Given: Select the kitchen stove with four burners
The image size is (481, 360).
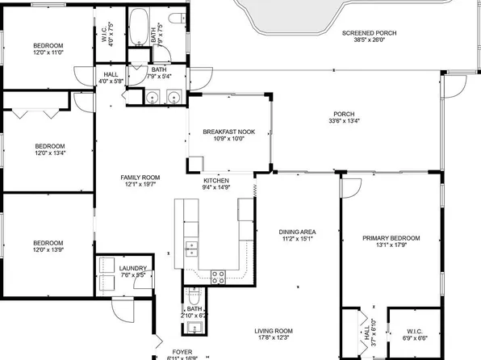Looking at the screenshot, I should pos(218,276).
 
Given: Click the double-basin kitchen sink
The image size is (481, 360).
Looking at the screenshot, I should pos(191,245).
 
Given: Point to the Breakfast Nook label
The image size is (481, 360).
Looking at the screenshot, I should pos(228,131).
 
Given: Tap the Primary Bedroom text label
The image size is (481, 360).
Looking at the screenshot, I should pos(391,238).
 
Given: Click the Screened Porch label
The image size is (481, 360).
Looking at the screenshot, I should pos(368,33).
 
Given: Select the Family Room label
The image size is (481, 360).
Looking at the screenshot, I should pos(140,177).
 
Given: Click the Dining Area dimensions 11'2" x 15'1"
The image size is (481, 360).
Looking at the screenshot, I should pos(297,239).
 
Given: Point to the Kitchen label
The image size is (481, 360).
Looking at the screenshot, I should pos(215,180).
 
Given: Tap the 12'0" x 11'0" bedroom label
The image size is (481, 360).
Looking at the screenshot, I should pos(48,52).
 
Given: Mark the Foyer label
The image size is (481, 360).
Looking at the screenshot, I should pos(182,350).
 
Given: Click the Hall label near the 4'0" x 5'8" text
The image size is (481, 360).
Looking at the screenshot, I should pos(111,73).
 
